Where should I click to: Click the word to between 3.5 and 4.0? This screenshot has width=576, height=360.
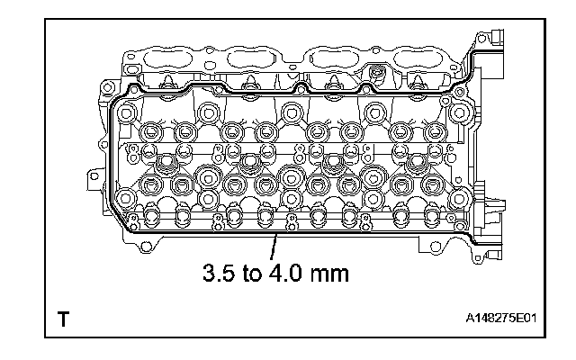(252, 274)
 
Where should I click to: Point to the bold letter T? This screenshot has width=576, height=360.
(63, 319)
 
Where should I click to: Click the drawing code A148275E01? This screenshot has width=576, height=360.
(501, 318)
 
